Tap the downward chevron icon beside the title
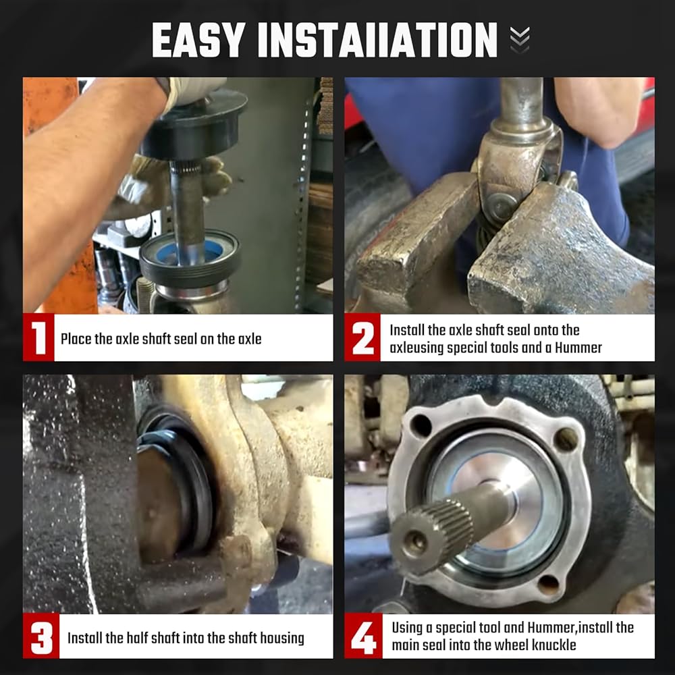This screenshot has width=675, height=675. tap(520, 40)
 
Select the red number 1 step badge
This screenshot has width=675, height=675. tap(38, 337)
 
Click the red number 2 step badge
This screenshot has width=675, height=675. tap(362, 337)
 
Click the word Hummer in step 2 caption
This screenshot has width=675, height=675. tap(578, 348)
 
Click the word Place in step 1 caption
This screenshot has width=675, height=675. tap(76, 339)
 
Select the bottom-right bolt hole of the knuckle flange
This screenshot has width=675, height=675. tap(549, 585)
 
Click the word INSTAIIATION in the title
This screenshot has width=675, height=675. tap(377, 40)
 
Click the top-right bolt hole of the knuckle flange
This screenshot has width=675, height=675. tap(565, 439)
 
